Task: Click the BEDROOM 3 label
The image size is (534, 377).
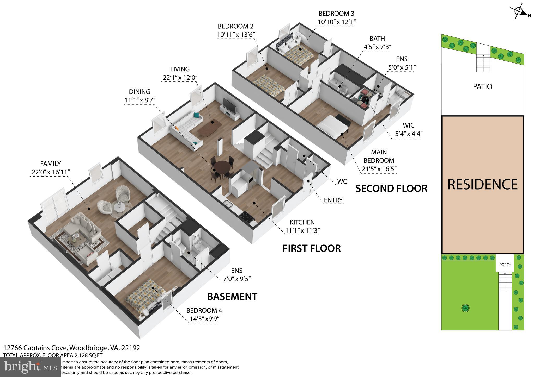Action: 336,14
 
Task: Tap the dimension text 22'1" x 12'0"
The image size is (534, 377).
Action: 180,77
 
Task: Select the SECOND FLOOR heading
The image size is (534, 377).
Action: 391,188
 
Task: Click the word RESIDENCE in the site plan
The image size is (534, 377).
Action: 482,184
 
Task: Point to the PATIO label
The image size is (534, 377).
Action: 482,87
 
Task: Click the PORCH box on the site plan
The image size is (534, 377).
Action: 505,265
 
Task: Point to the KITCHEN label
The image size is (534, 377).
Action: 302,222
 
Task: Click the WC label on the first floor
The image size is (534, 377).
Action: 342,181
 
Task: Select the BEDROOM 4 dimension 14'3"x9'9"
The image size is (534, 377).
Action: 204,319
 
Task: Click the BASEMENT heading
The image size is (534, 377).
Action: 232,297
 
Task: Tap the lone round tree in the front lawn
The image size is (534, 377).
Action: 465,308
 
